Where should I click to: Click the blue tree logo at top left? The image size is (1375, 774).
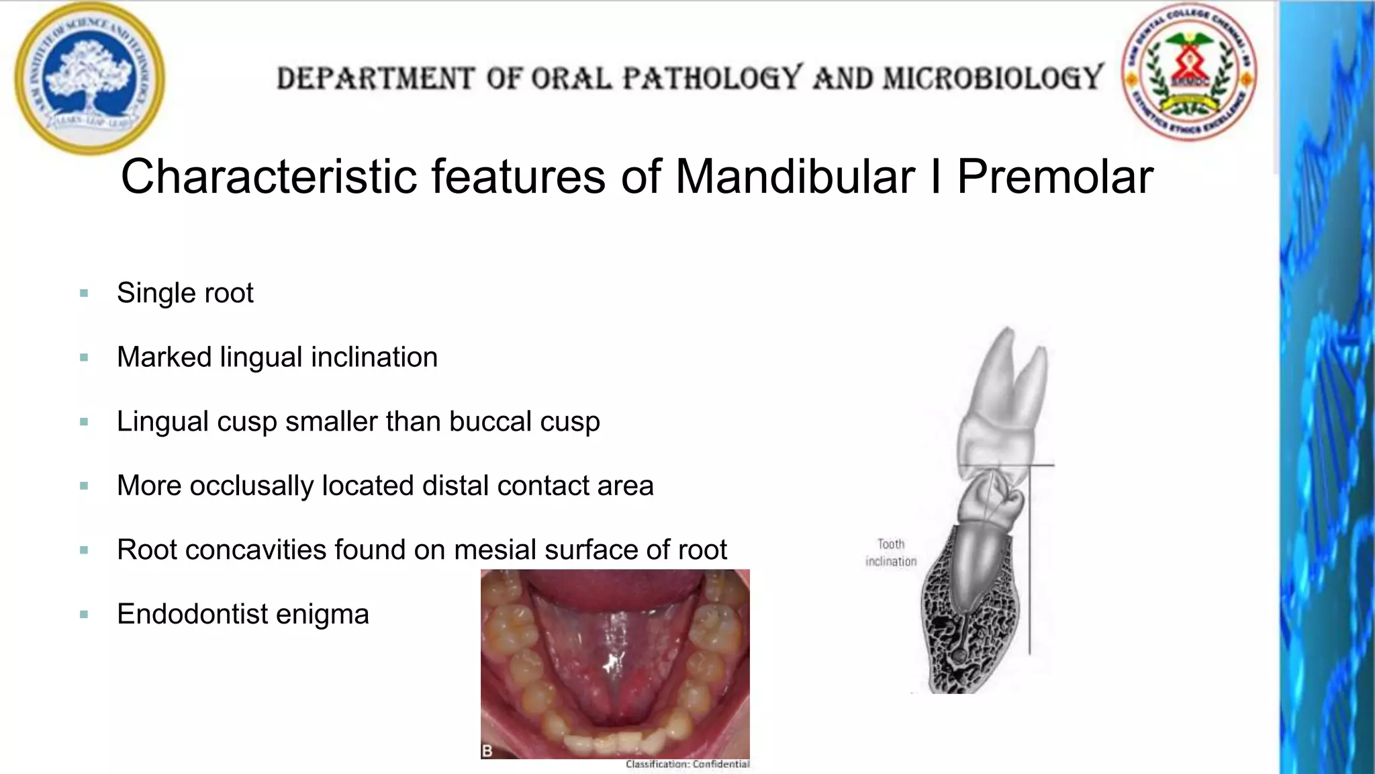coord(89,79)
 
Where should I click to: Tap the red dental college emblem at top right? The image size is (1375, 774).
coord(1189,72)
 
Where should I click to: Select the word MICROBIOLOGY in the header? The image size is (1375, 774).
coord(993,78)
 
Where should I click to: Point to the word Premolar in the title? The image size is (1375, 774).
coord(1055,177)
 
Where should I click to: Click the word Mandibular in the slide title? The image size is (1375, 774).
coord(794,177)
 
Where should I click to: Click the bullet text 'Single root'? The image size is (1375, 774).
coord(185,293)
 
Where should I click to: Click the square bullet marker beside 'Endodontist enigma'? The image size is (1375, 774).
coord(84,614)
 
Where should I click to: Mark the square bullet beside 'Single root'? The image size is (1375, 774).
coord(84,293)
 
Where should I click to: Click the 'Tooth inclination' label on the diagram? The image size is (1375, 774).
coord(891,553)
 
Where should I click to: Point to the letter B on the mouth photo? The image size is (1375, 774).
coord(487,750)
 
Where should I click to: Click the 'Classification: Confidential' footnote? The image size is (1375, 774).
coord(687,764)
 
